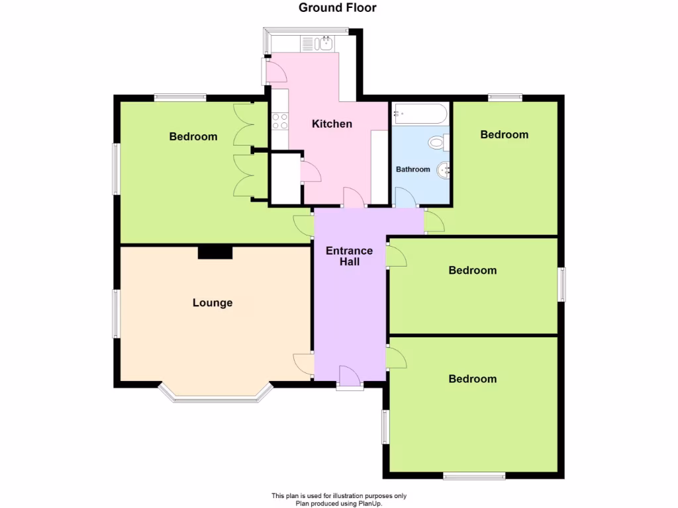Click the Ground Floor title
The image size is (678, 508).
point(338,8)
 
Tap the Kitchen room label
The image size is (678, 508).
point(332,124)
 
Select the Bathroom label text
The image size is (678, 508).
point(412,169)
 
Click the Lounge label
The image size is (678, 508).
point(213,303)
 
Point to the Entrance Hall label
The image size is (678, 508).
point(349,257)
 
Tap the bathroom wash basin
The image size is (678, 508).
point(444,170)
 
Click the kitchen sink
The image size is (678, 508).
point(324,44)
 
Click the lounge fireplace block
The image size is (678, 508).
point(215,252)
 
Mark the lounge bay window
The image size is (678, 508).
point(215,396)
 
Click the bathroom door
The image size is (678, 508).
point(405,198)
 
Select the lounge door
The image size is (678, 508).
point(304,364)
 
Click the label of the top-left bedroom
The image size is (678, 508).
point(193,137)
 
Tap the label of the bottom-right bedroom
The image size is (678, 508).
point(472,379)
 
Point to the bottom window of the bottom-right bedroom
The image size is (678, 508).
point(474,475)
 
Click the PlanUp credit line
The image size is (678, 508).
point(338,503)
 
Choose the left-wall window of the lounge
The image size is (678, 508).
point(116,314)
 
